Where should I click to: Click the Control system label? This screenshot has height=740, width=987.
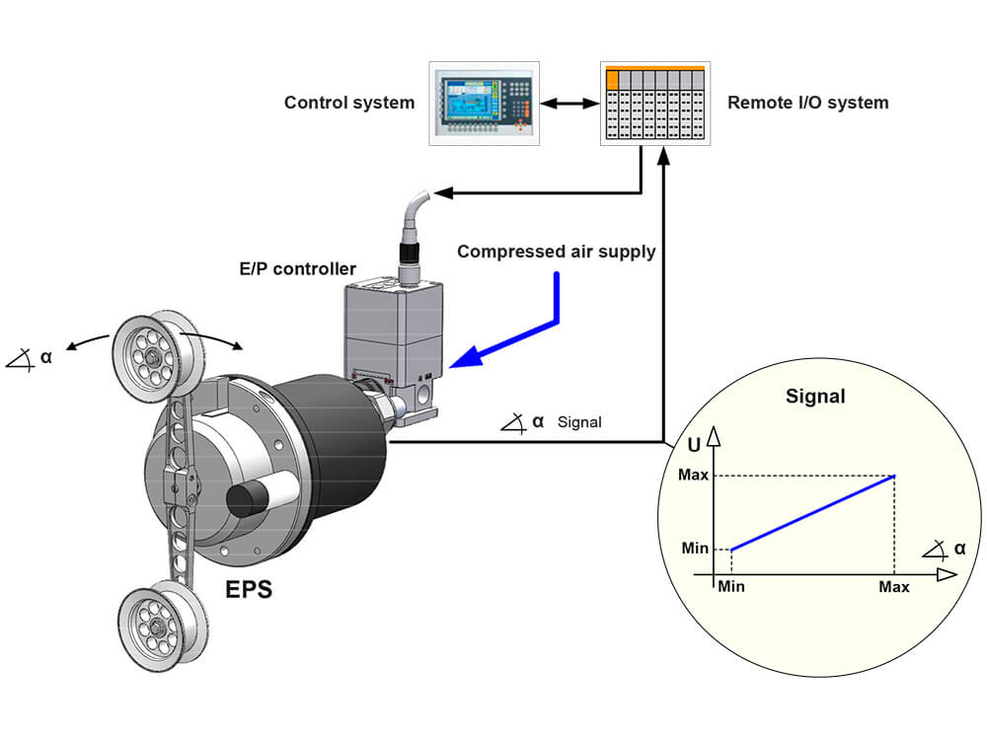[x=349, y=103]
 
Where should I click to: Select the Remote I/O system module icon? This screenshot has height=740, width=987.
[x=655, y=104]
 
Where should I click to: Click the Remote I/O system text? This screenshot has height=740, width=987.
[x=807, y=103]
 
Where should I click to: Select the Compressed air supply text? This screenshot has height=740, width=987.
[x=556, y=252]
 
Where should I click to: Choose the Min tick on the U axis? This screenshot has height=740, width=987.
[x=695, y=549]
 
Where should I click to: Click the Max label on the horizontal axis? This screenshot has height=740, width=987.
[x=894, y=587]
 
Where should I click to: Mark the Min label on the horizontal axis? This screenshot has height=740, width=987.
[x=730, y=587]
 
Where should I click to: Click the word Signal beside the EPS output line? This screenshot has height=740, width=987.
[x=579, y=422]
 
